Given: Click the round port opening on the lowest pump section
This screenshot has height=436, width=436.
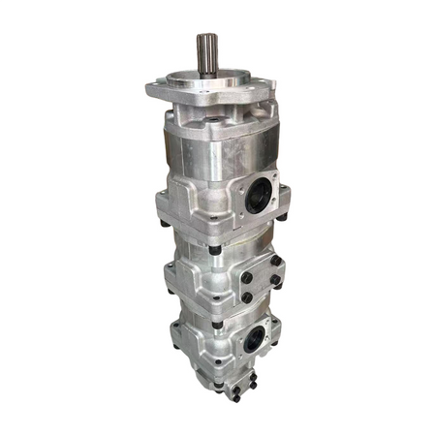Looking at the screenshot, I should coord(253,340).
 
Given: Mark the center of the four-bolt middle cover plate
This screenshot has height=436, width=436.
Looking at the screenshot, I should coord(260,279).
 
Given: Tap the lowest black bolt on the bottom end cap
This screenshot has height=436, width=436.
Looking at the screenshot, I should coord(234,398).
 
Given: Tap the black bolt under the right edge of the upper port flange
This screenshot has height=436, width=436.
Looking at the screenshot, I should coord(280,218).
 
